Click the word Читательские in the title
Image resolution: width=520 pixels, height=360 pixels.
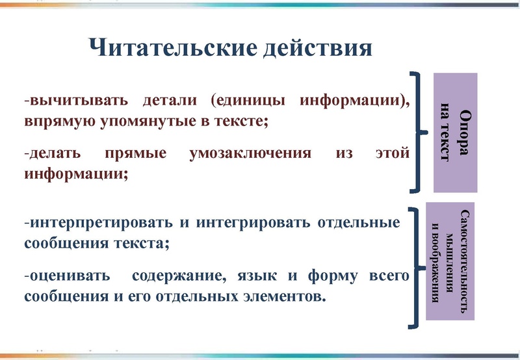click(168, 47)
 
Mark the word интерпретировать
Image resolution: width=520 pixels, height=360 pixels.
click(100, 224)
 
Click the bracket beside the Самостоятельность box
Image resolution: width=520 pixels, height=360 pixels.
click(415, 266)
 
